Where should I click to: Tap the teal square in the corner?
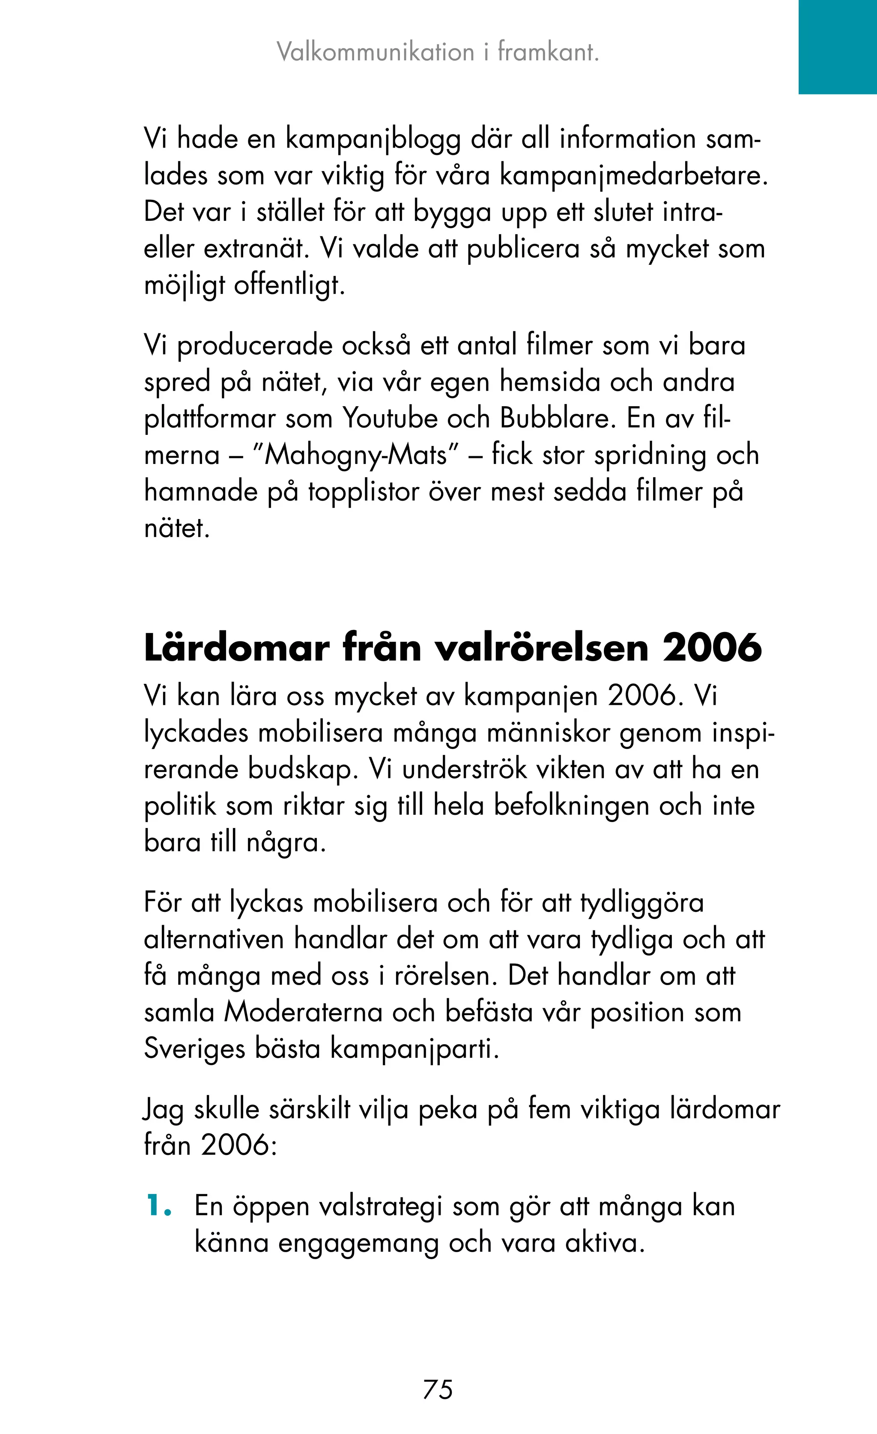coord(838,47)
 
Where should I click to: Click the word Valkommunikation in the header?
coord(376,52)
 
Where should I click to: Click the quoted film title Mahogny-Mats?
coord(356,456)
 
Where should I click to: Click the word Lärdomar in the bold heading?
coord(236,648)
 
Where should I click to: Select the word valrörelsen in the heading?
coord(542,648)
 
